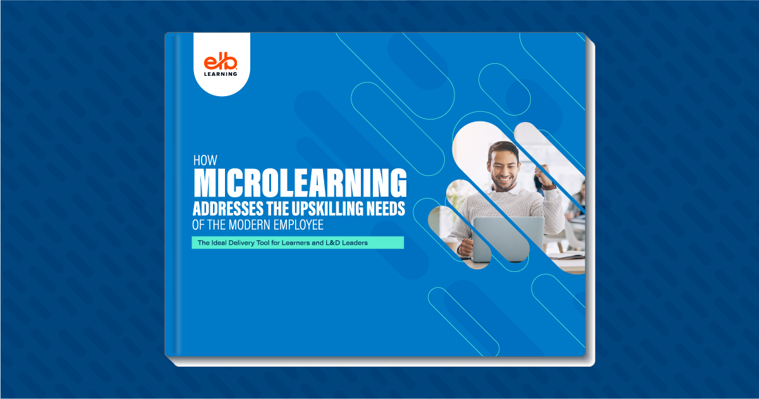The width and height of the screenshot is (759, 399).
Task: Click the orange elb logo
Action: click(x=221, y=62)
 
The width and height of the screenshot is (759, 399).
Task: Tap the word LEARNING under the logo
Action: click(x=221, y=74)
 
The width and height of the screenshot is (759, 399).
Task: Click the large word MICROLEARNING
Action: click(x=300, y=183)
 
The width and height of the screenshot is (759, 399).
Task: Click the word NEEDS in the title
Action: click(x=386, y=209)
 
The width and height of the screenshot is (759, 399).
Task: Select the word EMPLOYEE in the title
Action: click(x=300, y=225)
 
